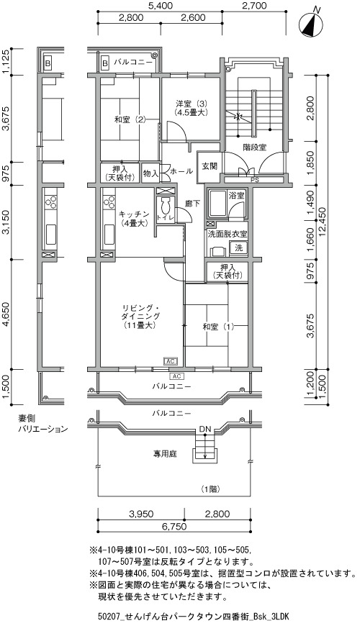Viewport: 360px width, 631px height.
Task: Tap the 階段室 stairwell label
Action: pos(254,147)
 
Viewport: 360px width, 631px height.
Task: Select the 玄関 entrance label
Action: pos(210,166)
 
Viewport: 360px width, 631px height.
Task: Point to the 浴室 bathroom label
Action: pos(236,196)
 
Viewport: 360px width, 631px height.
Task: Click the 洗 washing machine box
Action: pos(239,248)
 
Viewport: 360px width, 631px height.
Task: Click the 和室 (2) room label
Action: pos(130,119)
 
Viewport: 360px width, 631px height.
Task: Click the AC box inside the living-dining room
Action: pos(171,361)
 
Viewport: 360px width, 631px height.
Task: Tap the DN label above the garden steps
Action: pos(204,429)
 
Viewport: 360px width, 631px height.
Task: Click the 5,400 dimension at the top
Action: pos(161,6)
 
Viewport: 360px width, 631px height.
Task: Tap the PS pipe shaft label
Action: pos(255,180)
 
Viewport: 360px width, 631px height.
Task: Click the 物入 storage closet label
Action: pos(150,174)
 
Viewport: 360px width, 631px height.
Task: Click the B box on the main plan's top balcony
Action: pos(104,63)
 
